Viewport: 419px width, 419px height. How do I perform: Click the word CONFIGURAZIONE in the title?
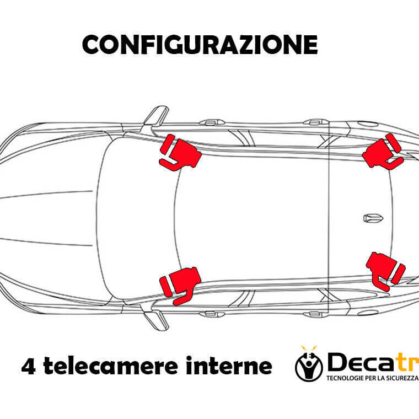200,45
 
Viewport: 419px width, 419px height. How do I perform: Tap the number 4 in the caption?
28,367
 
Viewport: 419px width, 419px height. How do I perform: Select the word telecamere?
111,366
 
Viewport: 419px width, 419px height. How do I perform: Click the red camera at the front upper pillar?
180,153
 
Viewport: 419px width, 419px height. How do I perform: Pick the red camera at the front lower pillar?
180,285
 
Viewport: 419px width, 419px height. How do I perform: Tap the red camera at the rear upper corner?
383,151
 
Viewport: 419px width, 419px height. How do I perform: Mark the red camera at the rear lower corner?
385,271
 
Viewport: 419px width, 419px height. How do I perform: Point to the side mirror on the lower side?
157,320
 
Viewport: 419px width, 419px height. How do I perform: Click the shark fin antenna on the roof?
373,218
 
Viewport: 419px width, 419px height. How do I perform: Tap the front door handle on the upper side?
212,122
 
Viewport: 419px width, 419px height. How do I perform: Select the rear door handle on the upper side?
316,122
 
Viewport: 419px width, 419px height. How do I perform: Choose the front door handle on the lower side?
212,314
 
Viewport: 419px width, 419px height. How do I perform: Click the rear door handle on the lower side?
316,314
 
